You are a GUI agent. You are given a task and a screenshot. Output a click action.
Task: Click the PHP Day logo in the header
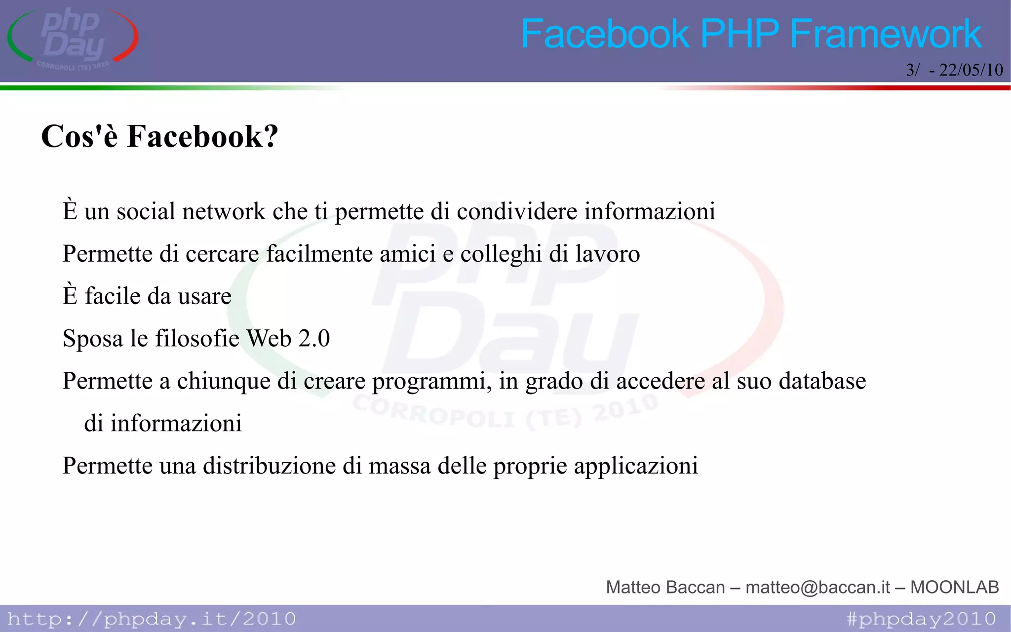pos(73,39)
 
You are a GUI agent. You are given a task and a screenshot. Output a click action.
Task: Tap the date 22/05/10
pos(971,70)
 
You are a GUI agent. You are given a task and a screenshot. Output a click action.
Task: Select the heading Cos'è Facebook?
pos(159,136)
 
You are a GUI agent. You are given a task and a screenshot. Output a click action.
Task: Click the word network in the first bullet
pos(224,211)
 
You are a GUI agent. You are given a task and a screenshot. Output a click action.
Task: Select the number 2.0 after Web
pos(314,339)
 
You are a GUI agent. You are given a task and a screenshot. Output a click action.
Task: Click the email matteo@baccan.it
pos(817,587)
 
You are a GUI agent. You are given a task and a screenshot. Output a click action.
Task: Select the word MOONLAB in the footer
pos(954,587)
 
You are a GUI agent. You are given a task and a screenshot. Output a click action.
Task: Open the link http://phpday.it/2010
pos(152,619)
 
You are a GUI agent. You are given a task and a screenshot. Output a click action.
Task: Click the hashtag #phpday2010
pos(921,619)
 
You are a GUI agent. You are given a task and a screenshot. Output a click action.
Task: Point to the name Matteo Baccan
pos(665,587)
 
